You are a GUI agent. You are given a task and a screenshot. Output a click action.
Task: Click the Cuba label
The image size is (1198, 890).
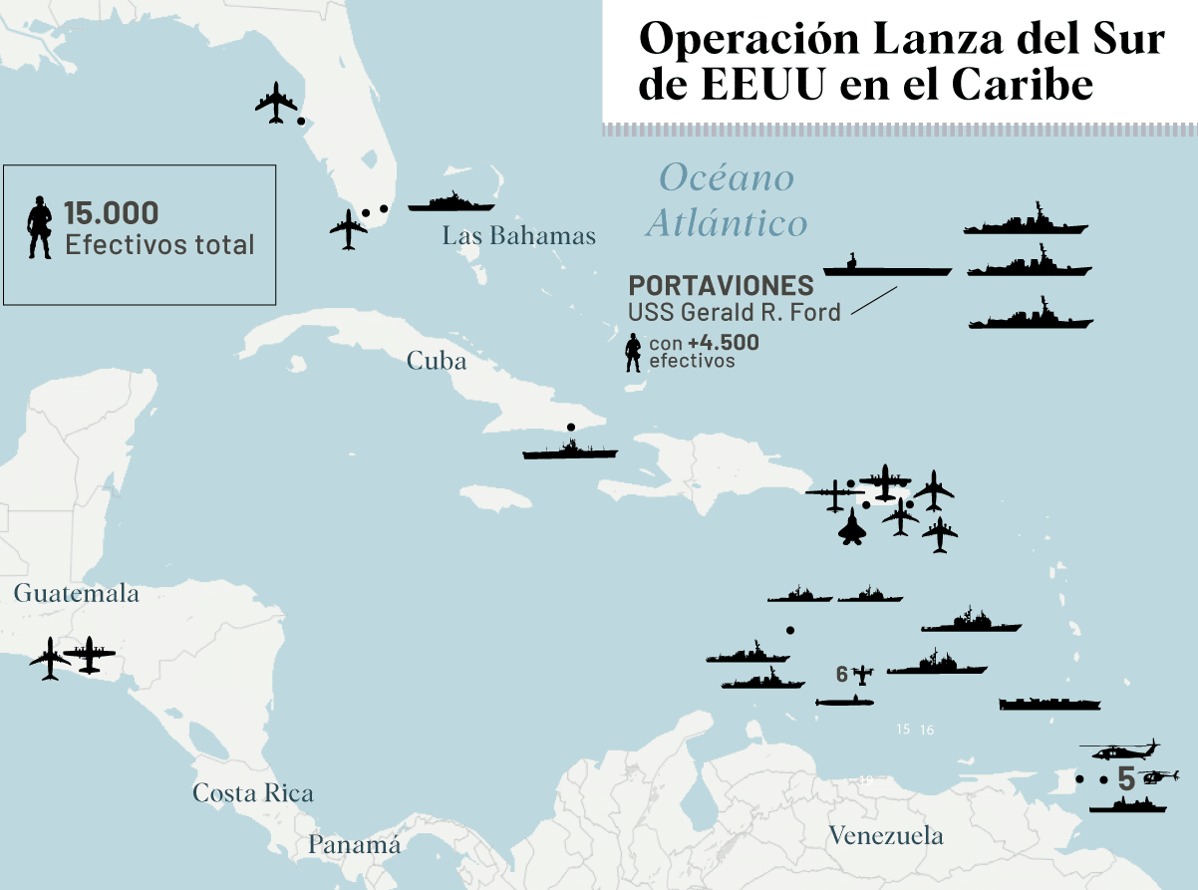(x=436, y=361)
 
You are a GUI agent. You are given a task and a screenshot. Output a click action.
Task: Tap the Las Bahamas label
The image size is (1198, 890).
(x=518, y=236)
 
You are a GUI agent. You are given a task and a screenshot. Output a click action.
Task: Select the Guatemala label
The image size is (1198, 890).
(x=76, y=594)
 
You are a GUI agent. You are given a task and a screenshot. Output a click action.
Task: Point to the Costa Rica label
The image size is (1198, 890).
(x=252, y=793)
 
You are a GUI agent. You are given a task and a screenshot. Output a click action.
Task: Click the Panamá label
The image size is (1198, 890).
(x=353, y=845)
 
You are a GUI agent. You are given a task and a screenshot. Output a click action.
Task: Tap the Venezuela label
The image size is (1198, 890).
(x=885, y=835)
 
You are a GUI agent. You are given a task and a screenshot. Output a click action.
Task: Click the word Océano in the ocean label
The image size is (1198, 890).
(x=727, y=177)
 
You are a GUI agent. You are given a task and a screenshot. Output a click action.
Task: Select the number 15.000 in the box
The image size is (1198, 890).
(x=111, y=212)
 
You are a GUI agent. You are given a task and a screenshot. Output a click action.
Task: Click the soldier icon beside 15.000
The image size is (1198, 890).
(x=40, y=227)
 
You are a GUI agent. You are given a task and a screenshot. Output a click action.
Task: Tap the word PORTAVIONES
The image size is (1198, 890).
(x=721, y=285)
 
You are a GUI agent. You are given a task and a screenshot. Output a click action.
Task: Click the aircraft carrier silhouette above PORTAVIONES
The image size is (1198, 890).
(x=886, y=266)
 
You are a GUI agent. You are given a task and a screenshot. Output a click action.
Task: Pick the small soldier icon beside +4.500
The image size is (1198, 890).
(x=632, y=353)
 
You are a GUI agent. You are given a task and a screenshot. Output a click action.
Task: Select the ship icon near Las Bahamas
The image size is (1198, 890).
(x=451, y=202)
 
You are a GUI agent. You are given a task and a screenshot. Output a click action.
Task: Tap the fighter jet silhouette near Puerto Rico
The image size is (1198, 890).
(x=853, y=528)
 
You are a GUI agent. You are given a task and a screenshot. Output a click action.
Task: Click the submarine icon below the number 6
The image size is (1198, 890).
(x=844, y=702)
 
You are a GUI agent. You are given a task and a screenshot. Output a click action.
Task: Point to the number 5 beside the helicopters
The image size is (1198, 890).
(x=1126, y=779)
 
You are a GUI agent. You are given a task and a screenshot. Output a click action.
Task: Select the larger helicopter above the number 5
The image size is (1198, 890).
(x=1120, y=749)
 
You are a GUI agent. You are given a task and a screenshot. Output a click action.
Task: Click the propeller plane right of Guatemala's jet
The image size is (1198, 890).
(x=90, y=655)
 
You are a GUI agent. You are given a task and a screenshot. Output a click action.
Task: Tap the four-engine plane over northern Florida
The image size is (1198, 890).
(x=276, y=102)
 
